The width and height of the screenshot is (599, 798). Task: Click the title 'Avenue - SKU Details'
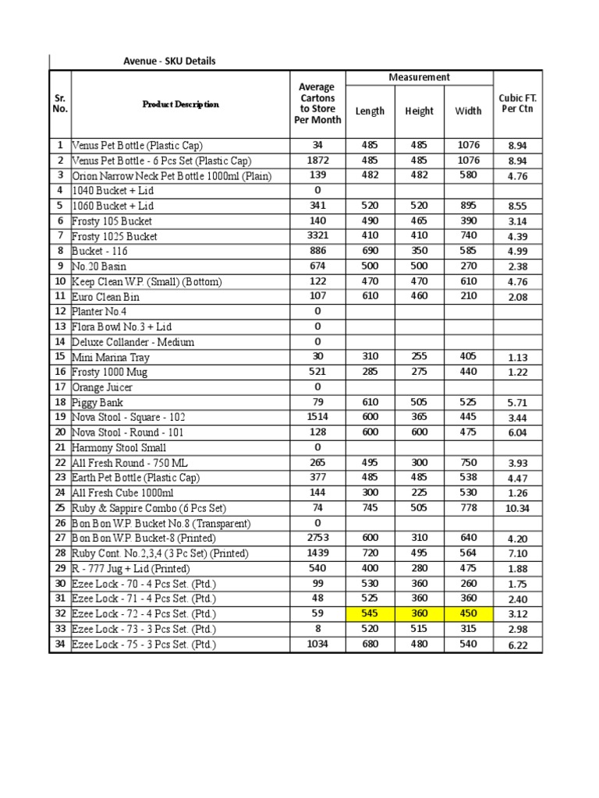point(169,61)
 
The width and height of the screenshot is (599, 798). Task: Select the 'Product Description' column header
point(180,104)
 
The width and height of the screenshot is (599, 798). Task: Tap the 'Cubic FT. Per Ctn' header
point(517,104)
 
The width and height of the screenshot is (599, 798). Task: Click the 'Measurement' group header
point(419,77)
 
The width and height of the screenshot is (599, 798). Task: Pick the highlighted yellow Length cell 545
point(370,614)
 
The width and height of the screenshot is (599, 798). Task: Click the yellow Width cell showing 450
point(468,614)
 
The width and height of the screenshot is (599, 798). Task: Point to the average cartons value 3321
point(317,235)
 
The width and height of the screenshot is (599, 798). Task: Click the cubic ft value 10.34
point(517,509)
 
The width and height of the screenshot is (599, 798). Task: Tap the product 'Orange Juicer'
point(102,387)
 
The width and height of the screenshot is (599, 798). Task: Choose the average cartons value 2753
point(317,538)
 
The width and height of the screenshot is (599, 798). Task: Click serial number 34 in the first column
point(60,644)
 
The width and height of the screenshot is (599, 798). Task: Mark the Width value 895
point(468,206)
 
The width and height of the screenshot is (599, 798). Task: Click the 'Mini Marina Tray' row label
point(110,357)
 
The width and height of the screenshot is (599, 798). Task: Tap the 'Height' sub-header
point(419,111)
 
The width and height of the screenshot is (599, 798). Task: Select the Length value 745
point(370,508)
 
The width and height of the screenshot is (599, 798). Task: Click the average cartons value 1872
point(317,161)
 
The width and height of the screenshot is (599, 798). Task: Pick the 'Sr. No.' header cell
point(60,104)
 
